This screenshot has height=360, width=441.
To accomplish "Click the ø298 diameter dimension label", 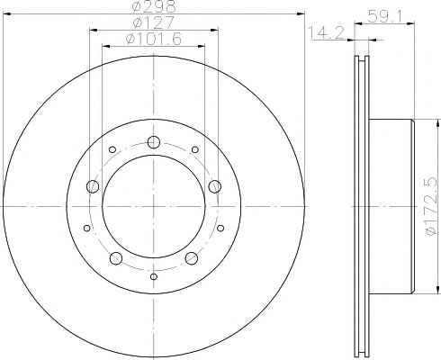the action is pyautogui.click(x=154, y=6).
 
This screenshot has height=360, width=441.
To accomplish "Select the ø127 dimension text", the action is pyautogui.click(x=154, y=22).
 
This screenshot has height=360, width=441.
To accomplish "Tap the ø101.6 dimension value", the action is pyautogui.click(x=154, y=39).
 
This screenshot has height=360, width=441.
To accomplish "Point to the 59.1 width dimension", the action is pyautogui.click(x=382, y=16).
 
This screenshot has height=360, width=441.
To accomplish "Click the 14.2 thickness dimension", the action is pyautogui.click(x=328, y=32).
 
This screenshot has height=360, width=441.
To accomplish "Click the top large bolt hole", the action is pyautogui.click(x=154, y=142).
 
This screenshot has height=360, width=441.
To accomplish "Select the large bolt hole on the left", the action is pyautogui.click(x=93, y=186).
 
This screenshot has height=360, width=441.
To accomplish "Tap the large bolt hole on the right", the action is pyautogui.click(x=215, y=186).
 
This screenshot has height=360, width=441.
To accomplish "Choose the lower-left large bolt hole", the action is pyautogui.click(x=116, y=258).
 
